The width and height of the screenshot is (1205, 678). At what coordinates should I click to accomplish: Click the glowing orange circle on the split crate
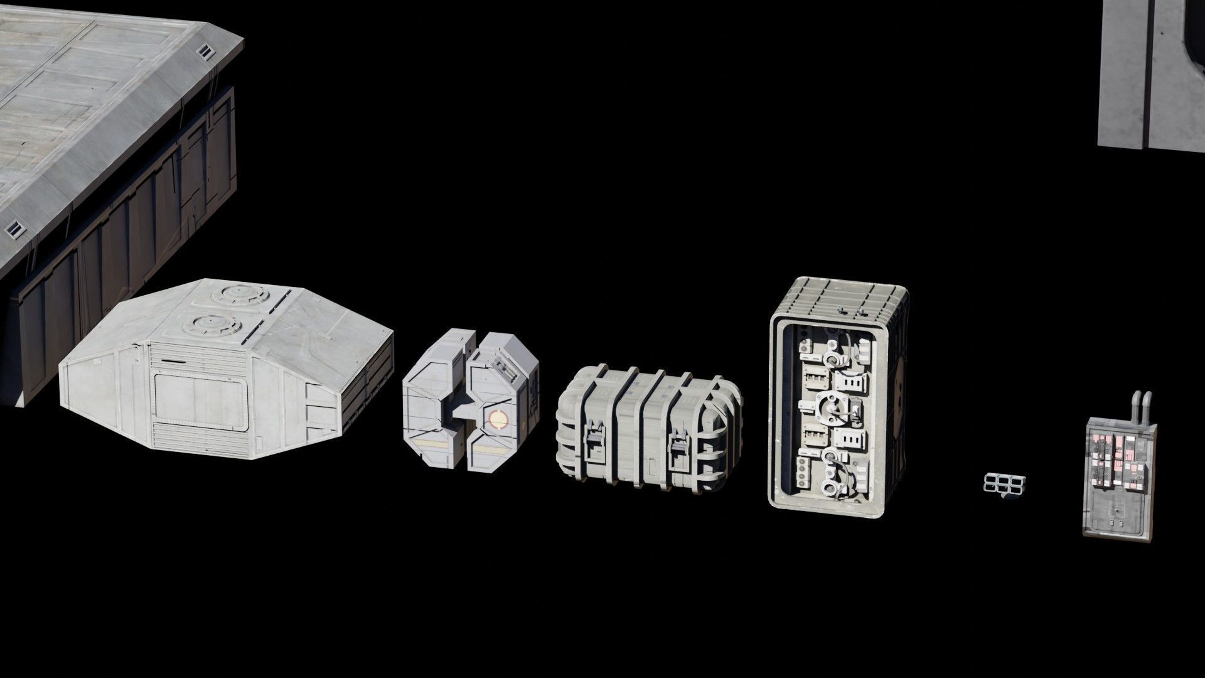coord(496,419)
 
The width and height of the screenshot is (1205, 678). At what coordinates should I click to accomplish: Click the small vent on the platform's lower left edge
coord(12,227)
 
